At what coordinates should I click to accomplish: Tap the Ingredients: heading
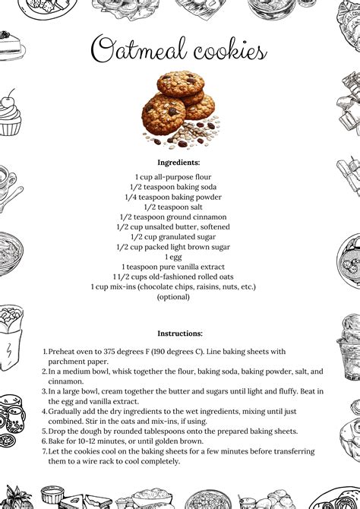click(178, 163)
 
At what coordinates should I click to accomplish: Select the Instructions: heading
click(180, 333)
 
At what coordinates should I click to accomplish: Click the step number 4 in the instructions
click(45, 411)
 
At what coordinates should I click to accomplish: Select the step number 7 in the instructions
click(45, 451)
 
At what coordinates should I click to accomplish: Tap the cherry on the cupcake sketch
click(8, 98)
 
